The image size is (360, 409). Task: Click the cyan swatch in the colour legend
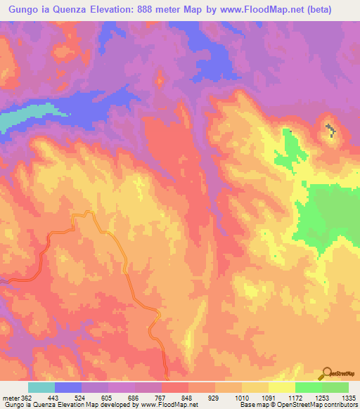41,387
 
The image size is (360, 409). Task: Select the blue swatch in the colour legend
68,387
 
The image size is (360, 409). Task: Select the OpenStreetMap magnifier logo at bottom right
327,374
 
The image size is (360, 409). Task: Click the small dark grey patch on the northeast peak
330,129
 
